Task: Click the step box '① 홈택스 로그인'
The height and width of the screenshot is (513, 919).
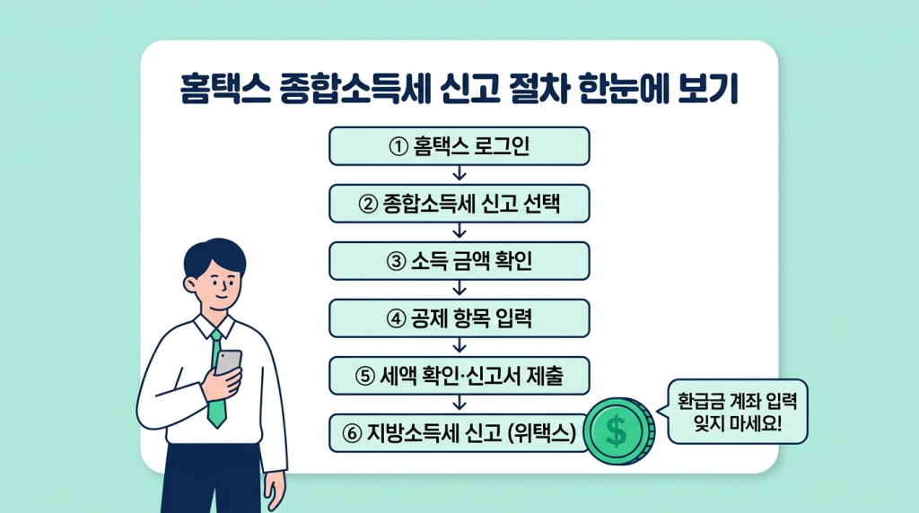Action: click(x=459, y=146)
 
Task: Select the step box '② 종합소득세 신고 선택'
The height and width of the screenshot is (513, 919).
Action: click(x=459, y=204)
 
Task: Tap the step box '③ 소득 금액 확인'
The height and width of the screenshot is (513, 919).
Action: click(x=459, y=261)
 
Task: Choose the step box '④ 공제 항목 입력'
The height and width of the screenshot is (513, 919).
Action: click(x=459, y=318)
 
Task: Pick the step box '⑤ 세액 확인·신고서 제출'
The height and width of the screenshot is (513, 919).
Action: click(x=459, y=376)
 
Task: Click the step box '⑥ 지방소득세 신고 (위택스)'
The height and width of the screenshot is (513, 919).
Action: click(x=459, y=433)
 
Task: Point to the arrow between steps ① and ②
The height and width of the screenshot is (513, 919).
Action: click(x=459, y=174)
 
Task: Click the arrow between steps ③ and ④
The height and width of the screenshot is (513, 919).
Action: click(x=459, y=289)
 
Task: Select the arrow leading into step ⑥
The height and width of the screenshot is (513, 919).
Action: click(x=459, y=404)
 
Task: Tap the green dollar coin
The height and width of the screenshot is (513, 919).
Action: click(x=619, y=431)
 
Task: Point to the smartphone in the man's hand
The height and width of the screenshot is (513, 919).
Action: click(x=228, y=363)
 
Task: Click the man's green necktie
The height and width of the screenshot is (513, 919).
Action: click(x=216, y=379)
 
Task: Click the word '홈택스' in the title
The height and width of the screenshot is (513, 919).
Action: click(x=224, y=90)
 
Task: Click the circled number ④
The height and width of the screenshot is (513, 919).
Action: click(x=396, y=319)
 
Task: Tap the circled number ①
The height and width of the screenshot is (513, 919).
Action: click(x=398, y=146)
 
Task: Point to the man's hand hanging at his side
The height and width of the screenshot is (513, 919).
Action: click(x=275, y=491)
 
